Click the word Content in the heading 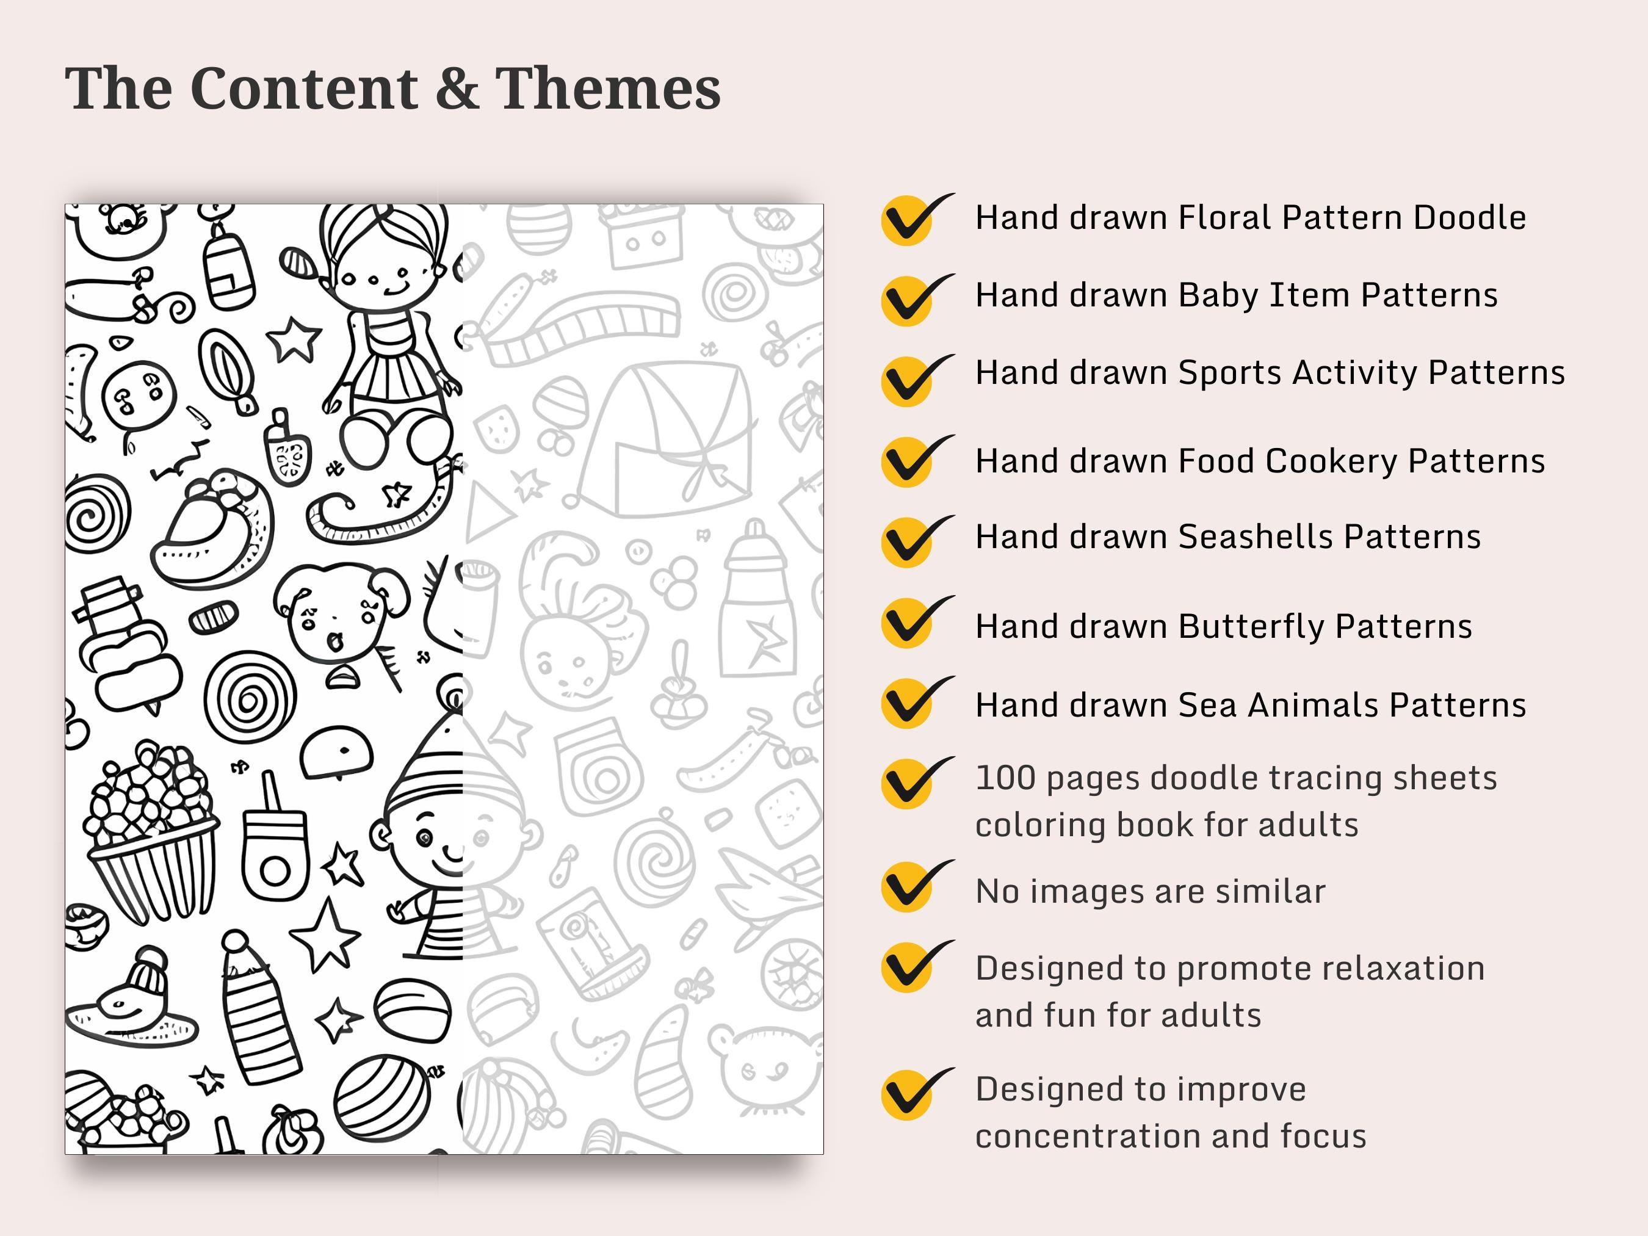pos(304,88)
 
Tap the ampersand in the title pos(457,88)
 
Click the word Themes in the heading pos(608,88)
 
